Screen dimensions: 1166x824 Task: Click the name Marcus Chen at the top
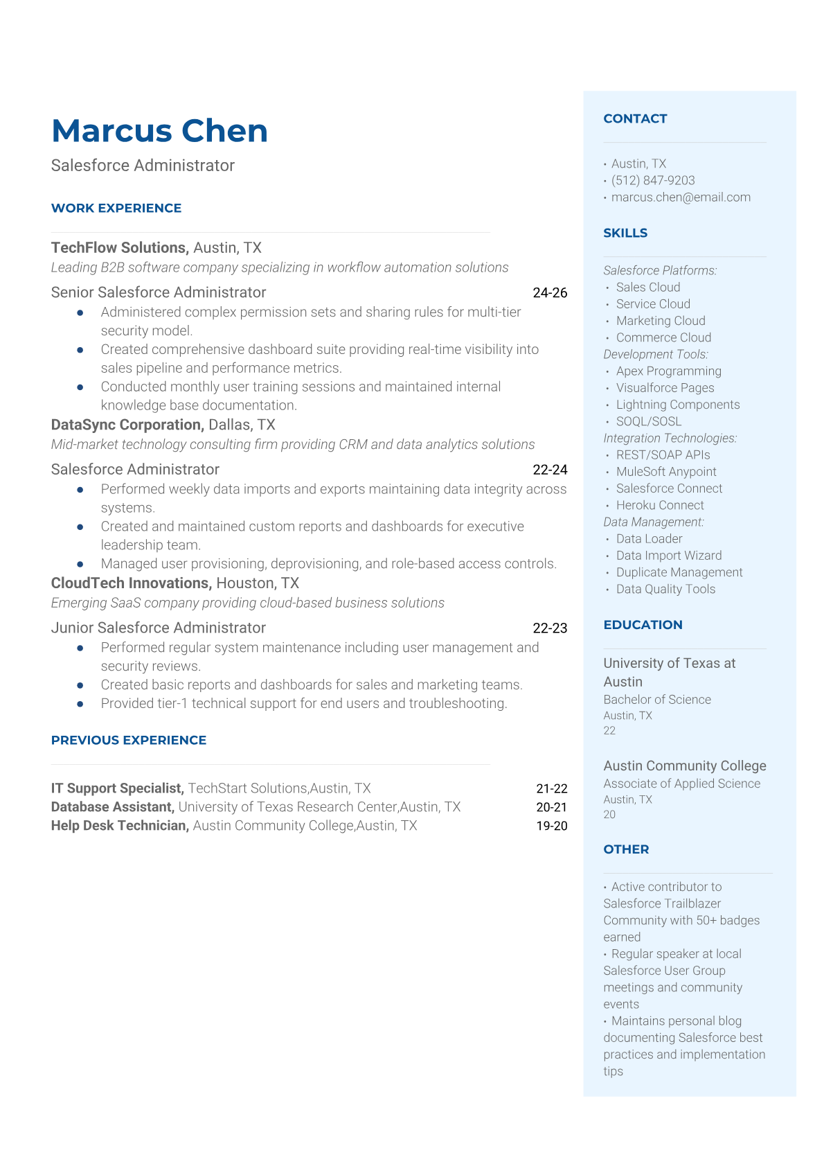tap(159, 131)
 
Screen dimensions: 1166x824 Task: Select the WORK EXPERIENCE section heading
tap(116, 208)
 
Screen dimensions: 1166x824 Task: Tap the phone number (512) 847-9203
tap(653, 180)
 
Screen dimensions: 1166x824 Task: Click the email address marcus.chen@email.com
tap(681, 197)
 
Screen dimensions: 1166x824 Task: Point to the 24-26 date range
tap(550, 293)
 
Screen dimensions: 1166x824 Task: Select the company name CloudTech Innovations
tap(131, 583)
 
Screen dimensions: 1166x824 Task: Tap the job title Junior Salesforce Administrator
tap(159, 628)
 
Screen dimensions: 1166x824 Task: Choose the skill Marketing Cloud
tap(661, 321)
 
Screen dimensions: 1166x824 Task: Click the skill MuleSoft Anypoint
tap(666, 472)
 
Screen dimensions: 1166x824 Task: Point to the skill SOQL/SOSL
tap(649, 421)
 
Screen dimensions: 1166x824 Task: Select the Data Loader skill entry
tap(649, 539)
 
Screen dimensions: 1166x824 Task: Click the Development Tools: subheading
tap(656, 355)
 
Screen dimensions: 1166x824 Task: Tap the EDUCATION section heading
tap(643, 625)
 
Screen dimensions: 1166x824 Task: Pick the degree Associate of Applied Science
tap(681, 784)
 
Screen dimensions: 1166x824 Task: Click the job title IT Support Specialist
tap(117, 788)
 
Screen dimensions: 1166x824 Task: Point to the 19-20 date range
tap(551, 826)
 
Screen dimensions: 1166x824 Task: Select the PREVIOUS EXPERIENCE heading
tap(129, 740)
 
